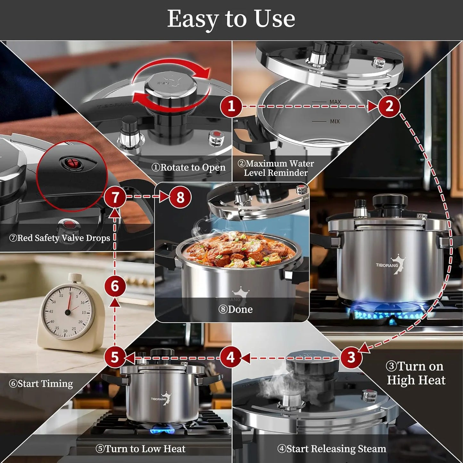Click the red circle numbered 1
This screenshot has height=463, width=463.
click(231, 106)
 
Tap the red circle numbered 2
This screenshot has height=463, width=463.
click(389, 106)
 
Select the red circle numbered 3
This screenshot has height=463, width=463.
click(351, 357)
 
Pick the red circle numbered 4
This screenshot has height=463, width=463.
click(231, 357)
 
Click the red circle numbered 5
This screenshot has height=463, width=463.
click(115, 357)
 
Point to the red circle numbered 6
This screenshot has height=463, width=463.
click(115, 286)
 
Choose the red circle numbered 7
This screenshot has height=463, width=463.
click(115, 197)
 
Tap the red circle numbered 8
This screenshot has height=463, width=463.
click(180, 197)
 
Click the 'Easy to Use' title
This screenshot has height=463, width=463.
click(231, 19)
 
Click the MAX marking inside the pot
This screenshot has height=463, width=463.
click(335, 102)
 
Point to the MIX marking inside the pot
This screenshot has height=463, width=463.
click(335, 121)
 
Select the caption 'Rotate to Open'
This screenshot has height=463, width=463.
click(188, 167)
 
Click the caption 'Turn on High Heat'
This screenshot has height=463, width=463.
click(416, 373)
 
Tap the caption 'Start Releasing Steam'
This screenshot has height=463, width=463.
click(332, 449)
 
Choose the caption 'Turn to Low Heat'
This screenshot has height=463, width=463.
click(140, 449)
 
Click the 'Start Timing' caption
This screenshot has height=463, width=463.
click(41, 384)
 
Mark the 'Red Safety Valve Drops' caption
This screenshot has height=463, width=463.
click(60, 238)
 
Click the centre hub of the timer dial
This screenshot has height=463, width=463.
click(68, 312)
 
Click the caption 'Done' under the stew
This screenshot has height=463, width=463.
click(236, 309)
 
